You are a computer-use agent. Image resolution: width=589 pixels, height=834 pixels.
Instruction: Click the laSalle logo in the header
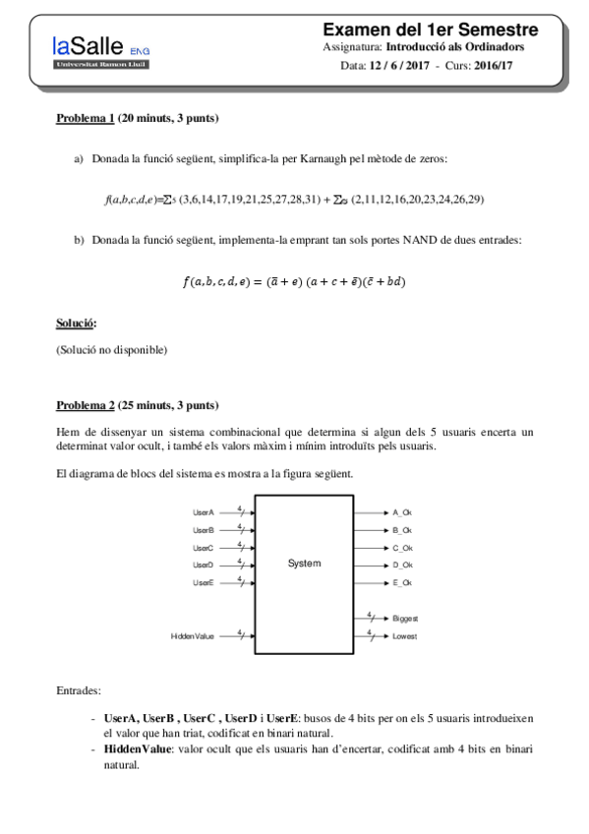point(102,50)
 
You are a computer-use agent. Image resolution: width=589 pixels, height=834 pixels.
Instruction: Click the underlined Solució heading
point(76,324)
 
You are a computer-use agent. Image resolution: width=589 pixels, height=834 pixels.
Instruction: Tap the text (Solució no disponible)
point(112,349)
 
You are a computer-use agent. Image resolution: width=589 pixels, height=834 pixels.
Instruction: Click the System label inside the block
point(305,564)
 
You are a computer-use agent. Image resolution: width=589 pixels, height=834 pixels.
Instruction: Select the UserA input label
point(204,512)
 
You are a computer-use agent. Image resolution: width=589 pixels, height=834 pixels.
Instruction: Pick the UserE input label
point(204,583)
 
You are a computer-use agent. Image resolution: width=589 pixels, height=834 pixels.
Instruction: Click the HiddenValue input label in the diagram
point(193,636)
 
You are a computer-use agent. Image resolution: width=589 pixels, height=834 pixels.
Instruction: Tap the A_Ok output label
point(402,512)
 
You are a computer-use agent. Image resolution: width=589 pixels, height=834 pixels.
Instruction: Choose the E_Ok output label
point(402,583)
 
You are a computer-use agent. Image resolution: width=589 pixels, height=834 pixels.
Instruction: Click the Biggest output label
point(405,619)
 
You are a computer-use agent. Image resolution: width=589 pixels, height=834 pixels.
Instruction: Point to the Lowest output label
point(404,636)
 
